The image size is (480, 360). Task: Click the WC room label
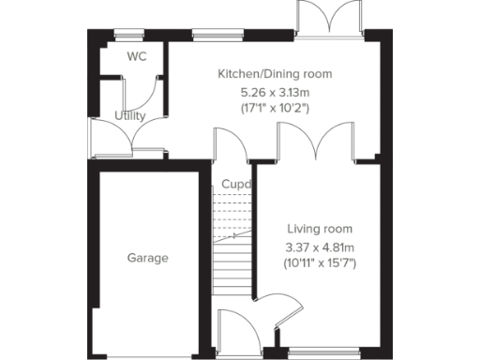pyautogui.click(x=138, y=56)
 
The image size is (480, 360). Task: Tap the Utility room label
pyautogui.click(x=130, y=116)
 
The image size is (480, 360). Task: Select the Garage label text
pyautogui.click(x=148, y=257)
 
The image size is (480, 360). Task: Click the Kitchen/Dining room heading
pyautogui.click(x=275, y=73)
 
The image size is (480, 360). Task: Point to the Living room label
pyautogui.click(x=321, y=228)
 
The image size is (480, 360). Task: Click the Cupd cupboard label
pyautogui.click(x=236, y=184)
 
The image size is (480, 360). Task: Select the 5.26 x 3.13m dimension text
pyautogui.click(x=275, y=92)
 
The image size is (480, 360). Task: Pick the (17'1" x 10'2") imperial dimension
pyautogui.click(x=275, y=109)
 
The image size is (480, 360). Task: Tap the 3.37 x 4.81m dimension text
pyautogui.click(x=321, y=247)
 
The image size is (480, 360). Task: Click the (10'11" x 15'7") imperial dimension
pyautogui.click(x=321, y=263)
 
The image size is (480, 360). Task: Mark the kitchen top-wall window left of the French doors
pyautogui.click(x=207, y=36)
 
